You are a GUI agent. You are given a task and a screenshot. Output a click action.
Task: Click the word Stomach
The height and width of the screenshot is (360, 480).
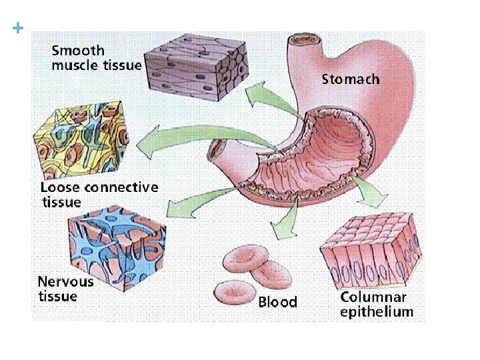pos(351,79)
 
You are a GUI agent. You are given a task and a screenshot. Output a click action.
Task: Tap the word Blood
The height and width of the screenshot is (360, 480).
pos(277,303)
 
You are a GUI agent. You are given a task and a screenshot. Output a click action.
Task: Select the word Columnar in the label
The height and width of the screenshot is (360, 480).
pos(373,297)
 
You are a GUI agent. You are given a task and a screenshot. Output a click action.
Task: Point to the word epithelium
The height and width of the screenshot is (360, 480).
pos(377,311)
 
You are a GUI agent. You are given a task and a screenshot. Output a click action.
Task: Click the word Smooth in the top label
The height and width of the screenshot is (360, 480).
pos(78,50)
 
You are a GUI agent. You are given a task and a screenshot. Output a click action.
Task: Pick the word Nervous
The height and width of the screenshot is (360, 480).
pos(65,281)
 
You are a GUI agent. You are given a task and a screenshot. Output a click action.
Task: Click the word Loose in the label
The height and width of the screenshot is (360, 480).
pos(60,187)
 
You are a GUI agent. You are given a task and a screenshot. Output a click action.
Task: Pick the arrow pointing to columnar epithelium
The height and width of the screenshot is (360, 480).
pos(370,193)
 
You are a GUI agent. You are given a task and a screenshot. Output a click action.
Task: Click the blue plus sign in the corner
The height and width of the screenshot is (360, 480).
pos(18,28)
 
